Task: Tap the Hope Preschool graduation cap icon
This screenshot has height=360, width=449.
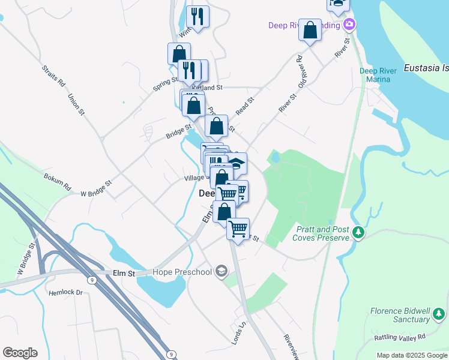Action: (221, 272)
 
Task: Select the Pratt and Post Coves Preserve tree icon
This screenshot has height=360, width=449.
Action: (358, 232)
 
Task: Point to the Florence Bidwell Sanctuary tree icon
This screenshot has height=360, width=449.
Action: (440, 313)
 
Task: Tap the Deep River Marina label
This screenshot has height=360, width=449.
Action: (378, 75)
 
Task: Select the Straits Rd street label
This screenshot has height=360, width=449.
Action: (54, 77)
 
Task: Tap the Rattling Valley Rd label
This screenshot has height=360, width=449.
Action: (400, 337)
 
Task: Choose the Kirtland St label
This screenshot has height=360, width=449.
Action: (206, 88)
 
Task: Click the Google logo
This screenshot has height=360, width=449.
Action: (20, 353)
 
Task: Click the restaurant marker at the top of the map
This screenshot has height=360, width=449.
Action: (197, 16)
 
